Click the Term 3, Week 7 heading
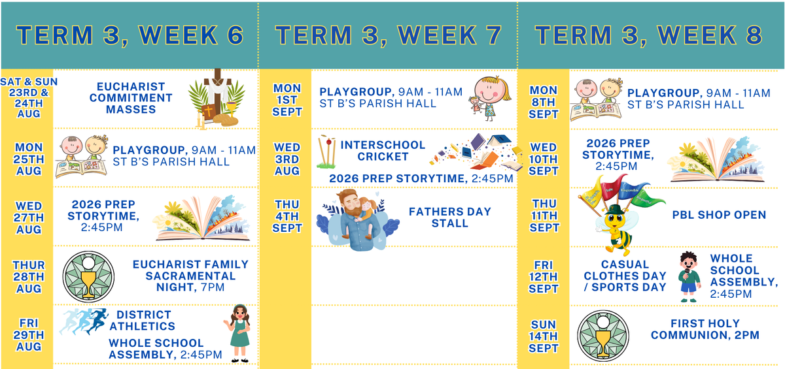pyautogui.click(x=389, y=35)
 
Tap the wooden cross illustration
pyautogui.click(x=217, y=95)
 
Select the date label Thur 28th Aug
pyautogui.click(x=29, y=277)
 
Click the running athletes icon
pyautogui.click(x=84, y=321)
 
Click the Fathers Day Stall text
pyautogui.click(x=450, y=217)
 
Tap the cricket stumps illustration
pyautogui.click(x=326, y=152)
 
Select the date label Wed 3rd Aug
pyautogui.click(x=287, y=159)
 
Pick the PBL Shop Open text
pyautogui.click(x=719, y=215)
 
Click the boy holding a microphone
pyautogui.click(x=689, y=277)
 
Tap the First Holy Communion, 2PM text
pyautogui.click(x=705, y=329)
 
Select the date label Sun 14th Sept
pyautogui.click(x=543, y=336)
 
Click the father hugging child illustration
pyautogui.click(x=357, y=219)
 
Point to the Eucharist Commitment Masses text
pyautogui.click(x=131, y=98)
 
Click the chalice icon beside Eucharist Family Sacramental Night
pyautogui.click(x=88, y=277)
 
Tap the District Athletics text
pyautogui.click(x=143, y=321)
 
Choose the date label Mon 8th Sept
pyautogui.click(x=543, y=102)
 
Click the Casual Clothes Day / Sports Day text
pyautogui.click(x=625, y=276)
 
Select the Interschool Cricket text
pyautogui.click(x=383, y=150)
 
